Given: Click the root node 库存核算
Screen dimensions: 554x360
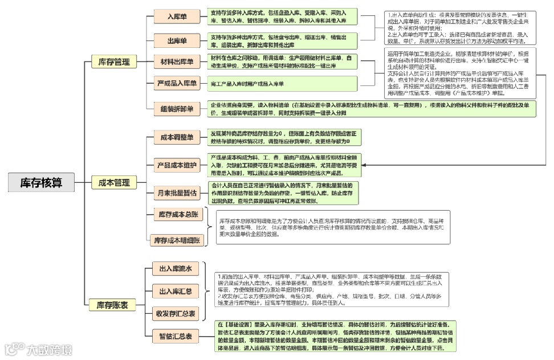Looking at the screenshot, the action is (x=42, y=182).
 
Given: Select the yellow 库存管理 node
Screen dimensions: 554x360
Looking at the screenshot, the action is (x=114, y=62).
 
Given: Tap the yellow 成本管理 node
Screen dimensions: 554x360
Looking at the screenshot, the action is (x=114, y=183).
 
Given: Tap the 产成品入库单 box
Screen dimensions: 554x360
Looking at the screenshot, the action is (x=177, y=84).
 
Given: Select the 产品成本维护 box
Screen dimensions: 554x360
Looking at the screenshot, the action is (x=177, y=165).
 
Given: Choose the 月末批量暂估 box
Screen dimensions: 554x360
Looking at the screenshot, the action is (x=177, y=194).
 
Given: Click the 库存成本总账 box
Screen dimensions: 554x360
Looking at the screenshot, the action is (x=178, y=214).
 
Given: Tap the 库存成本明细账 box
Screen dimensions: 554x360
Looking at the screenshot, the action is (x=177, y=240).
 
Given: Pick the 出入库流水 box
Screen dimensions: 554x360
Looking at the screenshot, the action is (x=174, y=269).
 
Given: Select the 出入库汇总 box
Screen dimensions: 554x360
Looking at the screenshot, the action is (x=174, y=292).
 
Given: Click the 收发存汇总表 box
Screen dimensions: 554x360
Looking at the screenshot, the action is (x=176, y=313).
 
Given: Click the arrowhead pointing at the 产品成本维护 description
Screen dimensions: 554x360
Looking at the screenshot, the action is (x=364, y=165).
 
